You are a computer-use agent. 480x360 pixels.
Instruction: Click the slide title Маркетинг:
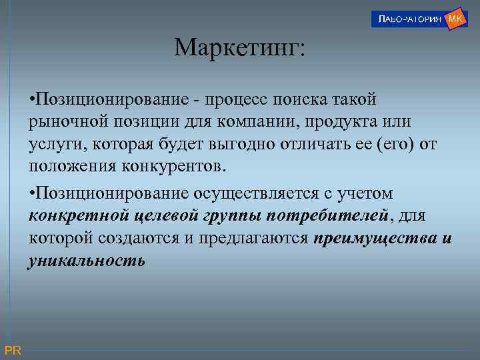coord(239,47)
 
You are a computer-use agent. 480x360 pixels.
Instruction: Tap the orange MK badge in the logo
coord(456,18)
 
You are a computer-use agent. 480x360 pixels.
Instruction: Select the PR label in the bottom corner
coord(13,351)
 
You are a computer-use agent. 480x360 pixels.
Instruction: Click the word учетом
coord(374,193)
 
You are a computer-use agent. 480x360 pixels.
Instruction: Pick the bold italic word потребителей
coord(327,216)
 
